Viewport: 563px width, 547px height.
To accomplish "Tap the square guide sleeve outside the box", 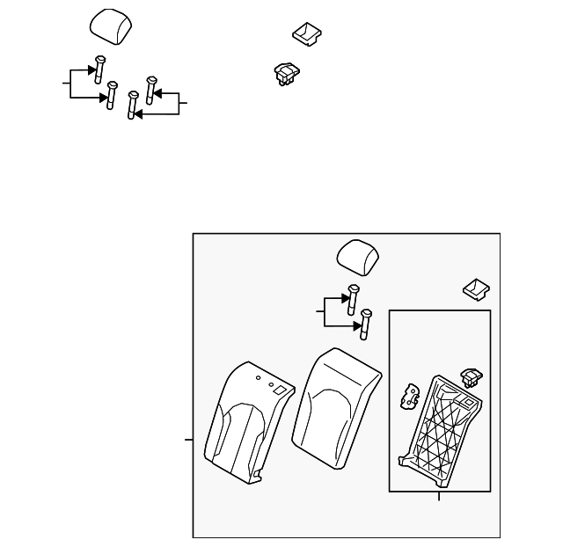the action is [x=305, y=33].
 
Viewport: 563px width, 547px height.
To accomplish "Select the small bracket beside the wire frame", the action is [x=411, y=396].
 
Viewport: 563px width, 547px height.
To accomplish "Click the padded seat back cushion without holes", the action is [x=340, y=404].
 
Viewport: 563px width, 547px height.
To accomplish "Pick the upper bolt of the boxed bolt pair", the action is [x=354, y=299].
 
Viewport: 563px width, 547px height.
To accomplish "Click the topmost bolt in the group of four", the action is [x=98, y=68].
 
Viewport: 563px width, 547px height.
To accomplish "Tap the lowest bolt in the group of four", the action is [x=133, y=106].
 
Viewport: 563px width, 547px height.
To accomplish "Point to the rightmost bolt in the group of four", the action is [x=150, y=91].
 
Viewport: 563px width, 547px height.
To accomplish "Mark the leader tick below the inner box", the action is [x=439, y=498].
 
